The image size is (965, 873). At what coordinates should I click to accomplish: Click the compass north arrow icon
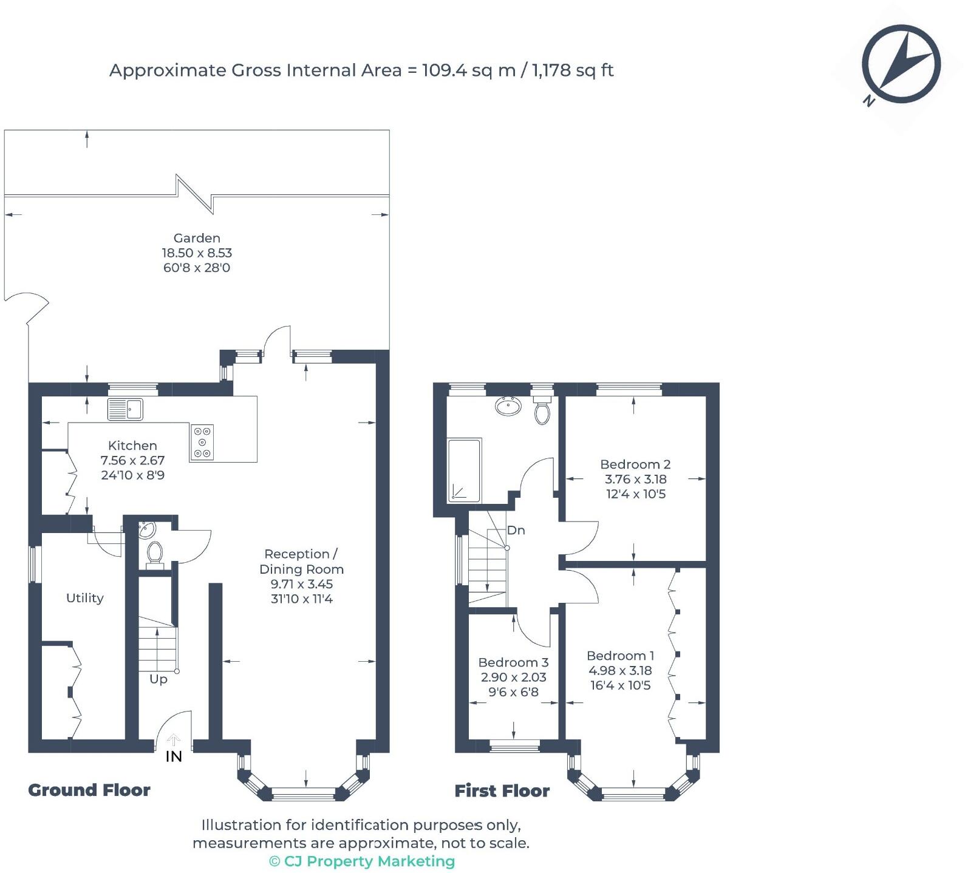901,64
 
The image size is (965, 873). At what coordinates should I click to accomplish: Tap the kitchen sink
125,409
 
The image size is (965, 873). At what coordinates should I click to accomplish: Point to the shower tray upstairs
465,470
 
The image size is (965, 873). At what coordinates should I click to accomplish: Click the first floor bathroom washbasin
508,406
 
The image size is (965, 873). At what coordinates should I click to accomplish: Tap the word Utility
84,598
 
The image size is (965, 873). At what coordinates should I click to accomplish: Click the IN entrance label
174,756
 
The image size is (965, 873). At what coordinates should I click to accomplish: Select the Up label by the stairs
159,679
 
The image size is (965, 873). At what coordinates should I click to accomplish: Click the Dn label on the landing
516,530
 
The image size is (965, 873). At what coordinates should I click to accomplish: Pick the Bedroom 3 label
513,662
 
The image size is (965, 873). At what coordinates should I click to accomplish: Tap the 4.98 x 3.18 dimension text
620,670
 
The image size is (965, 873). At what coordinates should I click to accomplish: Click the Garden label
197,238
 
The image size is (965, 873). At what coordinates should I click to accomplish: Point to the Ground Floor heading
89,790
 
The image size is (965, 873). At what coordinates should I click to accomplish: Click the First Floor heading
502,790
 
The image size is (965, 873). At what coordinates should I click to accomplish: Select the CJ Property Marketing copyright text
362,861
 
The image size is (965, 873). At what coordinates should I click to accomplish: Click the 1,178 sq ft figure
573,70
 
